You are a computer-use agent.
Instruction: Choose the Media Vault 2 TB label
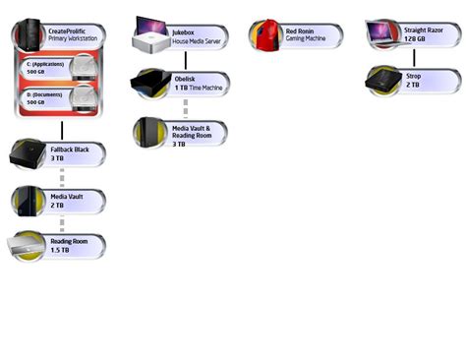72,200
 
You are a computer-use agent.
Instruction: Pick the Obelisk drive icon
151,83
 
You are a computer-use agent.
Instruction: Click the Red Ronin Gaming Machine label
308,34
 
